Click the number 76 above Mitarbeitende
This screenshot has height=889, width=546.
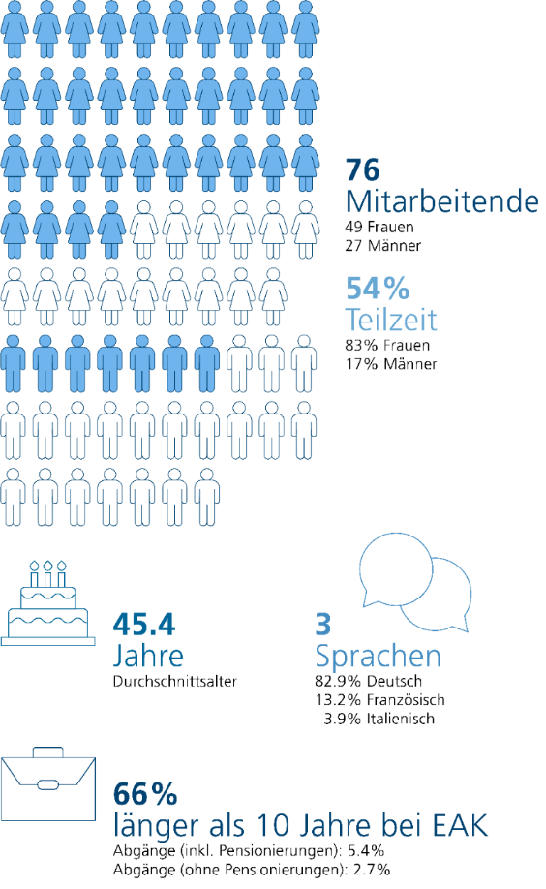click(x=362, y=170)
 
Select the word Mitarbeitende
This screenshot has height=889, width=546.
click(x=441, y=201)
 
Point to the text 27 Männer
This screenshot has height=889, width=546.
click(x=383, y=246)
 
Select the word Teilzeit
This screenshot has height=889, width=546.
click(x=391, y=319)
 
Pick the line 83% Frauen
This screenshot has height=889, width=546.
click(x=387, y=346)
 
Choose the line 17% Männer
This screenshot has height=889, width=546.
click(x=390, y=363)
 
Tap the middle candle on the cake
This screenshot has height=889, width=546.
click(x=48, y=573)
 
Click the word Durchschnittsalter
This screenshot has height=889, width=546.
click(x=175, y=681)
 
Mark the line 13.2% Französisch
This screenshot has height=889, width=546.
click(x=372, y=700)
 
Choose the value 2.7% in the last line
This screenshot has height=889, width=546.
click(x=370, y=870)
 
